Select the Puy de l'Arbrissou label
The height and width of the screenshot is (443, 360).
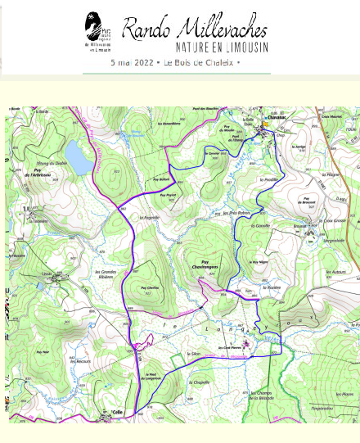tap(38, 174)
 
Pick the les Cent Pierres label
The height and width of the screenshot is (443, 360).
tap(231, 347)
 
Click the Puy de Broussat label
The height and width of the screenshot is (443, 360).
tap(308, 201)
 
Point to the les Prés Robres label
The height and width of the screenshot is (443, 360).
tap(236, 213)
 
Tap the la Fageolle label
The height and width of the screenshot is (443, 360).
tap(149, 217)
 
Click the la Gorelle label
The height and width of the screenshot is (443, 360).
tap(262, 225)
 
